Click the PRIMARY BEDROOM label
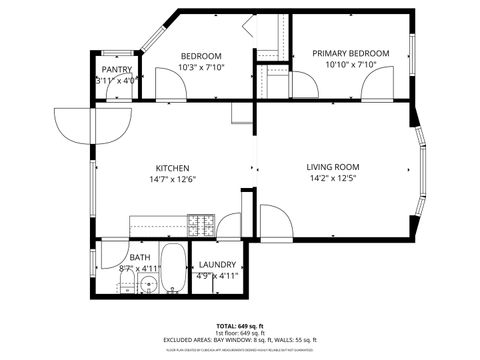350,53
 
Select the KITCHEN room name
172,168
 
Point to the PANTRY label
117,70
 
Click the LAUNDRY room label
217,265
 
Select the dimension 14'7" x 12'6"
172,181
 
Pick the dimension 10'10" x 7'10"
350,65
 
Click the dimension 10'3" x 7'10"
201,68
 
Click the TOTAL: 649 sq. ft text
240,326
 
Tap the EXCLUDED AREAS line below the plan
240,340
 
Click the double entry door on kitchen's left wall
92,125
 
